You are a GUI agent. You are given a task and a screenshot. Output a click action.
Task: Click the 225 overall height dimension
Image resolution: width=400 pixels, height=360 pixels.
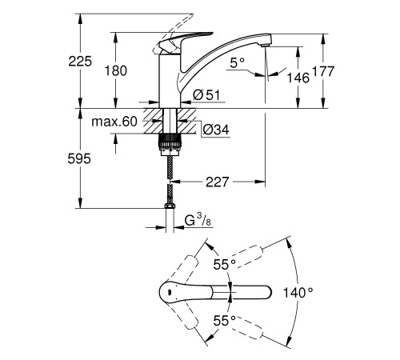coord(80,62)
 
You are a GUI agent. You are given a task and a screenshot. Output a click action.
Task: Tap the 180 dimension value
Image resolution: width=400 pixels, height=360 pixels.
coord(115,71)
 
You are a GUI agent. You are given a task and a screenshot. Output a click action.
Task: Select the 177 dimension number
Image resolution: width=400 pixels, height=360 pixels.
coord(323,71)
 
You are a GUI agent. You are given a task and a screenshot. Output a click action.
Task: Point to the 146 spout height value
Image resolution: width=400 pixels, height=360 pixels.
coord(298,78)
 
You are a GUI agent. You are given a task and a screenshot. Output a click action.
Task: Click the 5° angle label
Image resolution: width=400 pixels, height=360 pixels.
coord(238,63)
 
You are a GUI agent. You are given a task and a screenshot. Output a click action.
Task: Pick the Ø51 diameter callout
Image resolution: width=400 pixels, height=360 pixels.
coord(206,95)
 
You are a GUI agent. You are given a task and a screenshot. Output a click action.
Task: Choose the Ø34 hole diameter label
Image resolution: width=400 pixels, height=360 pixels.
coord(216,130)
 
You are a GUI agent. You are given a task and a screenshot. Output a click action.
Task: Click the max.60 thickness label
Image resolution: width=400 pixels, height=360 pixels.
coord(114,122)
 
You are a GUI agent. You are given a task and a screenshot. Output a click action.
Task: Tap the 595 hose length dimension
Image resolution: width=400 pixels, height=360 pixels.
coord(79,159)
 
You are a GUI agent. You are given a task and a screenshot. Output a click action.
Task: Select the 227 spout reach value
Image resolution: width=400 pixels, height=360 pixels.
coord(218,182)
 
